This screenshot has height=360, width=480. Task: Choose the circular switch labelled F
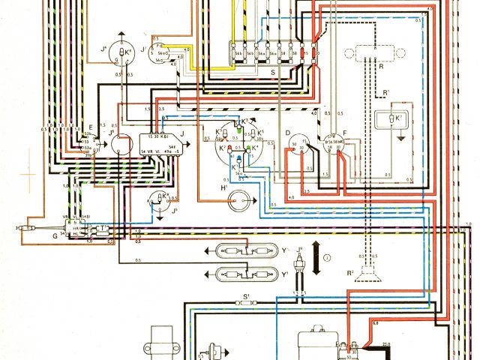(x=334, y=144)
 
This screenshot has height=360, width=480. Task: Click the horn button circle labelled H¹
(x=239, y=199)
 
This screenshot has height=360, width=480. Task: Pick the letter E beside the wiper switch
(x=89, y=127)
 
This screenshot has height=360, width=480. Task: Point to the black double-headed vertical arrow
(x=316, y=258)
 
